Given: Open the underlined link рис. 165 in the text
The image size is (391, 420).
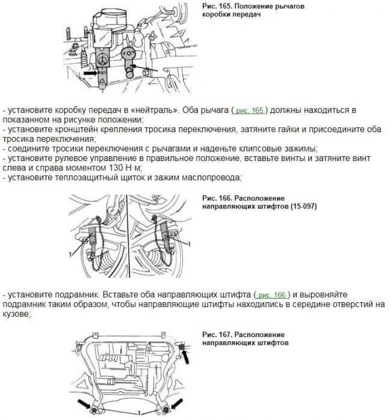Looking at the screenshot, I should click(250, 111).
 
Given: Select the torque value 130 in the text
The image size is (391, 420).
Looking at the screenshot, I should click(93, 168).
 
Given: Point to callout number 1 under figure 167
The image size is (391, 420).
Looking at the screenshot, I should click(139, 414).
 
